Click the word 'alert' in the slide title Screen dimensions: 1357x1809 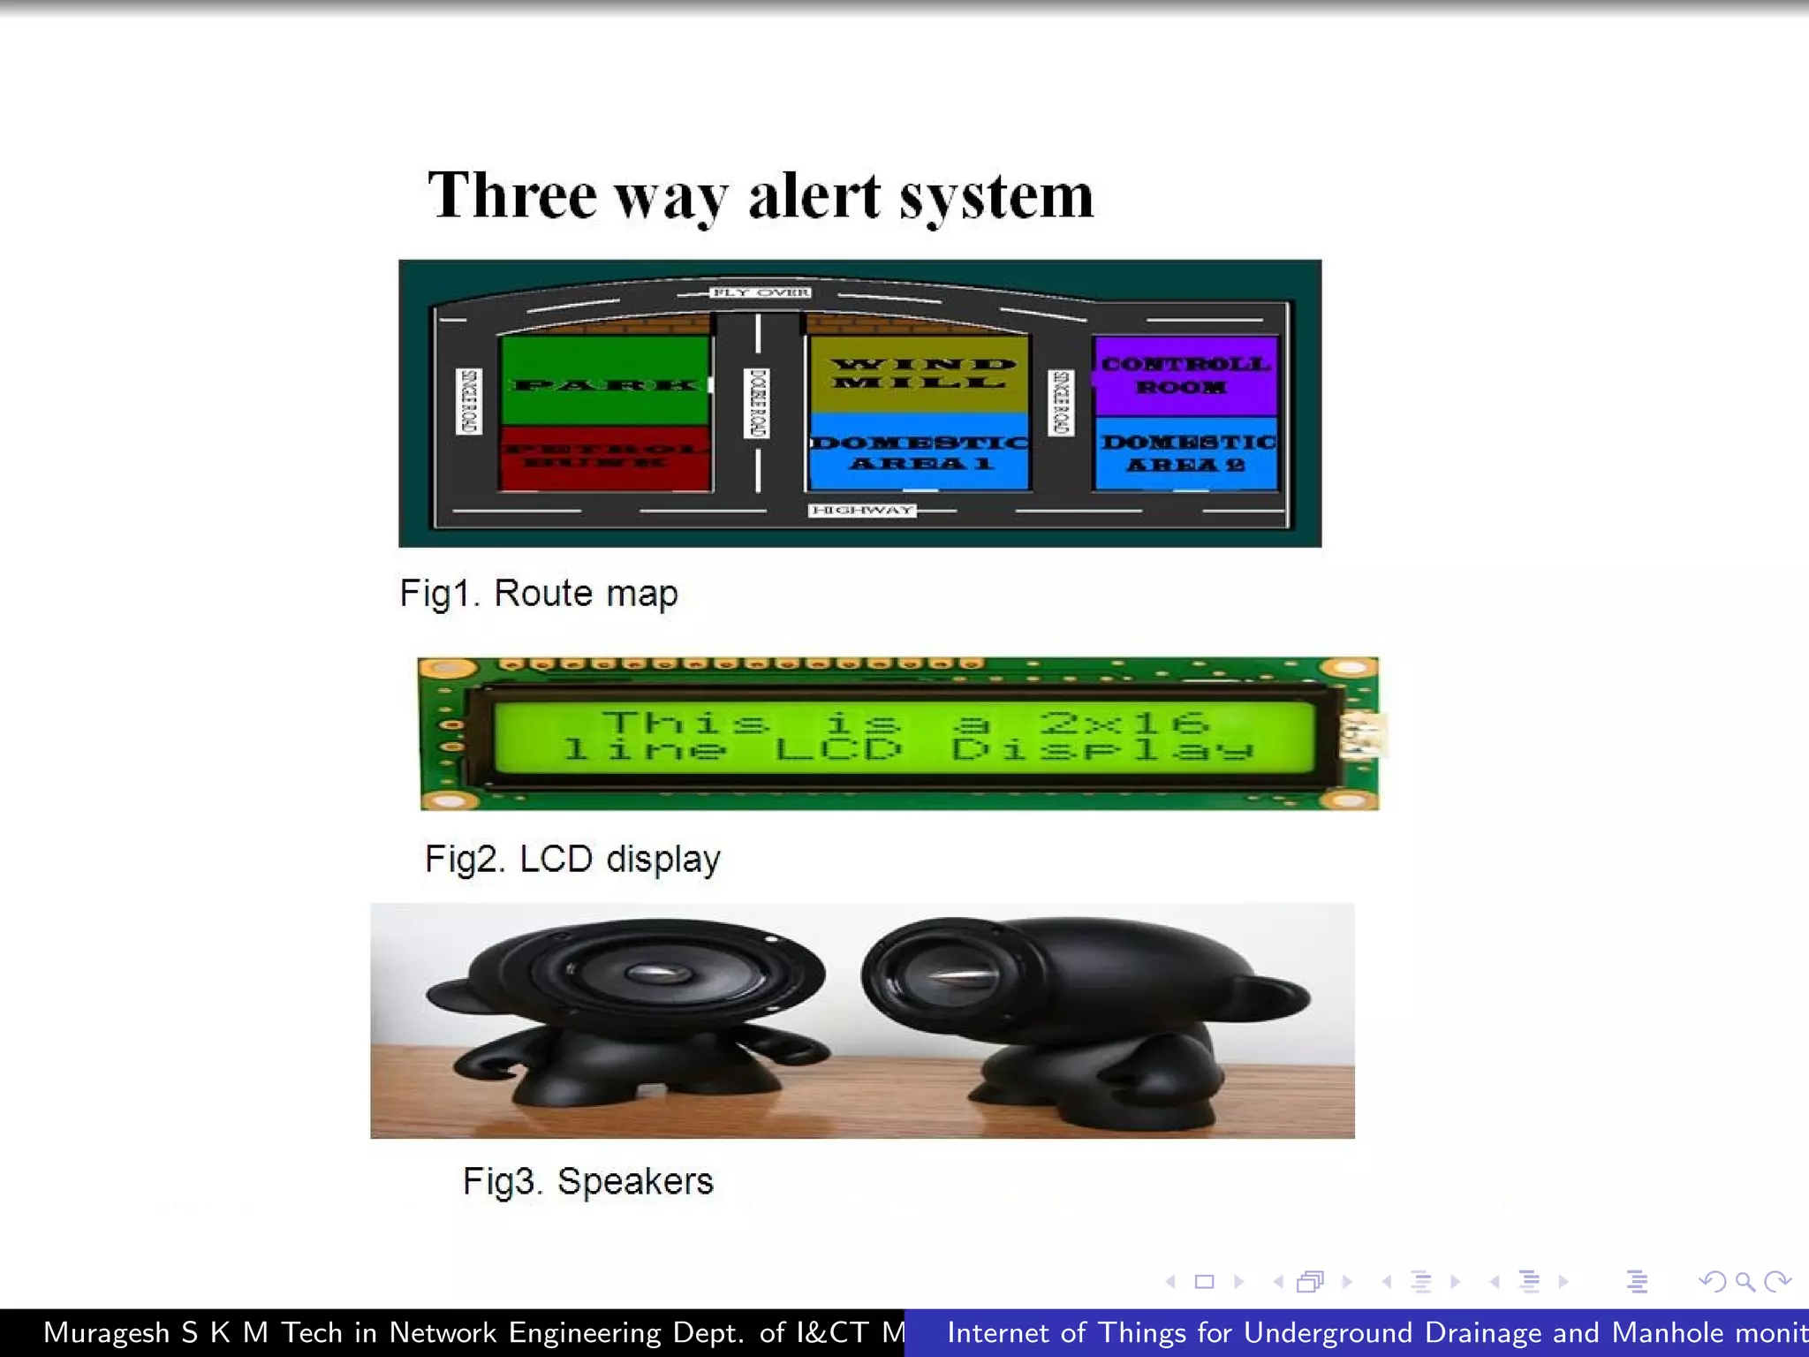(x=814, y=196)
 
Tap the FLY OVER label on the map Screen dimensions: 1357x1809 (x=761, y=292)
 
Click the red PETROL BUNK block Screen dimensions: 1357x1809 (x=605, y=457)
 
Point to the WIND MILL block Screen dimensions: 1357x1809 (x=919, y=374)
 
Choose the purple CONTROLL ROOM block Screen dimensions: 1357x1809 (x=1185, y=375)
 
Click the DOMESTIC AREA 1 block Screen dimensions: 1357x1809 (x=919, y=452)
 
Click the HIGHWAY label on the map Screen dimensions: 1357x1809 (x=862, y=510)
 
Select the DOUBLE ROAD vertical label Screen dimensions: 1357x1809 (x=757, y=403)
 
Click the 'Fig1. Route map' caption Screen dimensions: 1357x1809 (x=539, y=594)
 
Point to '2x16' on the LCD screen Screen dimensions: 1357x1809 (x=1123, y=723)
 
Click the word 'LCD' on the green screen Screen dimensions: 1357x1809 (x=838, y=750)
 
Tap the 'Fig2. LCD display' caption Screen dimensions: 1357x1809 (x=572, y=859)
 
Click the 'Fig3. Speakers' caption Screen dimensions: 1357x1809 (x=587, y=1181)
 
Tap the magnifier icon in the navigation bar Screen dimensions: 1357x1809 (x=1745, y=1281)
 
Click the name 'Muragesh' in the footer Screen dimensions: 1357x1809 (x=106, y=1332)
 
